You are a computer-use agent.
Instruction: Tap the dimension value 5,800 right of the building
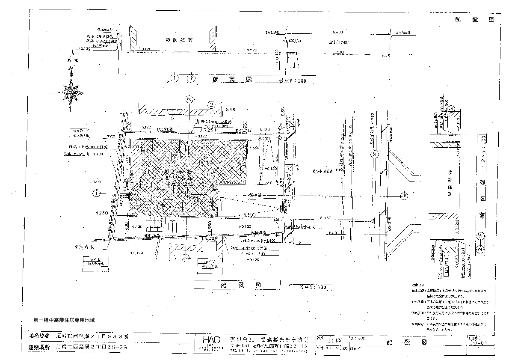(250, 214)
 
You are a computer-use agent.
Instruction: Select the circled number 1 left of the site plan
(98, 193)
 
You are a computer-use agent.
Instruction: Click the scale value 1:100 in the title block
(335, 341)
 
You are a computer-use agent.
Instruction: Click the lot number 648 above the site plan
(231, 109)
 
